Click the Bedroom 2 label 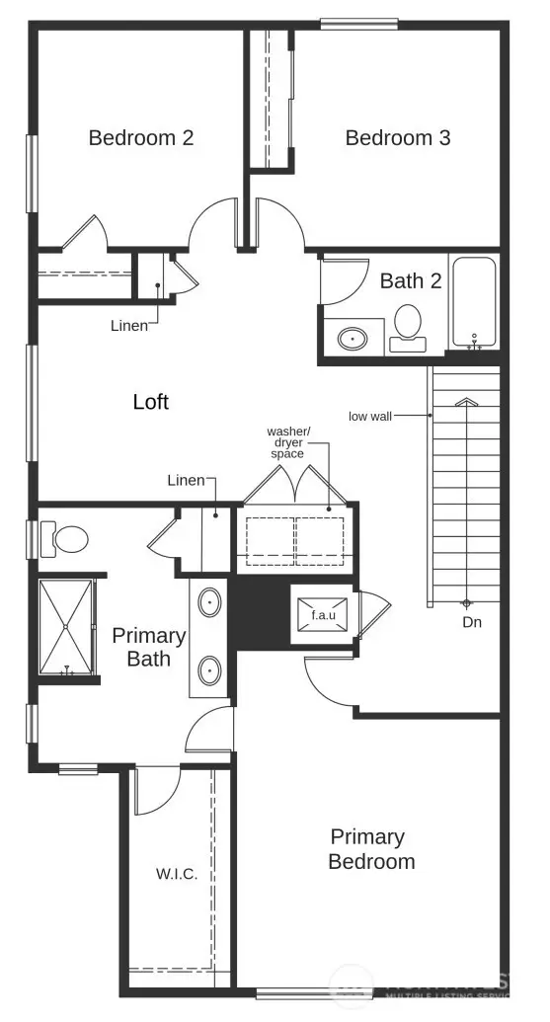pos(140,138)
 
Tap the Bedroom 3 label pos(397,138)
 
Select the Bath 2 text pos(410,280)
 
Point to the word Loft pos(151,402)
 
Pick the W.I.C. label pos(177,874)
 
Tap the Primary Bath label pos(148,647)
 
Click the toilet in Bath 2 pos(407,326)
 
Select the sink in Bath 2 pos(353,339)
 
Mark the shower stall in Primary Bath pos(65,627)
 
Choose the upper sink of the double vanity pos(210,601)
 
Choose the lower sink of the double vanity pos(210,670)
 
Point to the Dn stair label pos(473,623)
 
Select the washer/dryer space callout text pos(288,443)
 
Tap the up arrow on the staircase pos(465,402)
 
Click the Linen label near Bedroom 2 pos(128,325)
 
